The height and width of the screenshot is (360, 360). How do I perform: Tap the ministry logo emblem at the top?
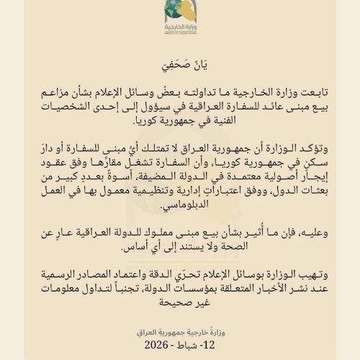[x=179, y=14]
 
